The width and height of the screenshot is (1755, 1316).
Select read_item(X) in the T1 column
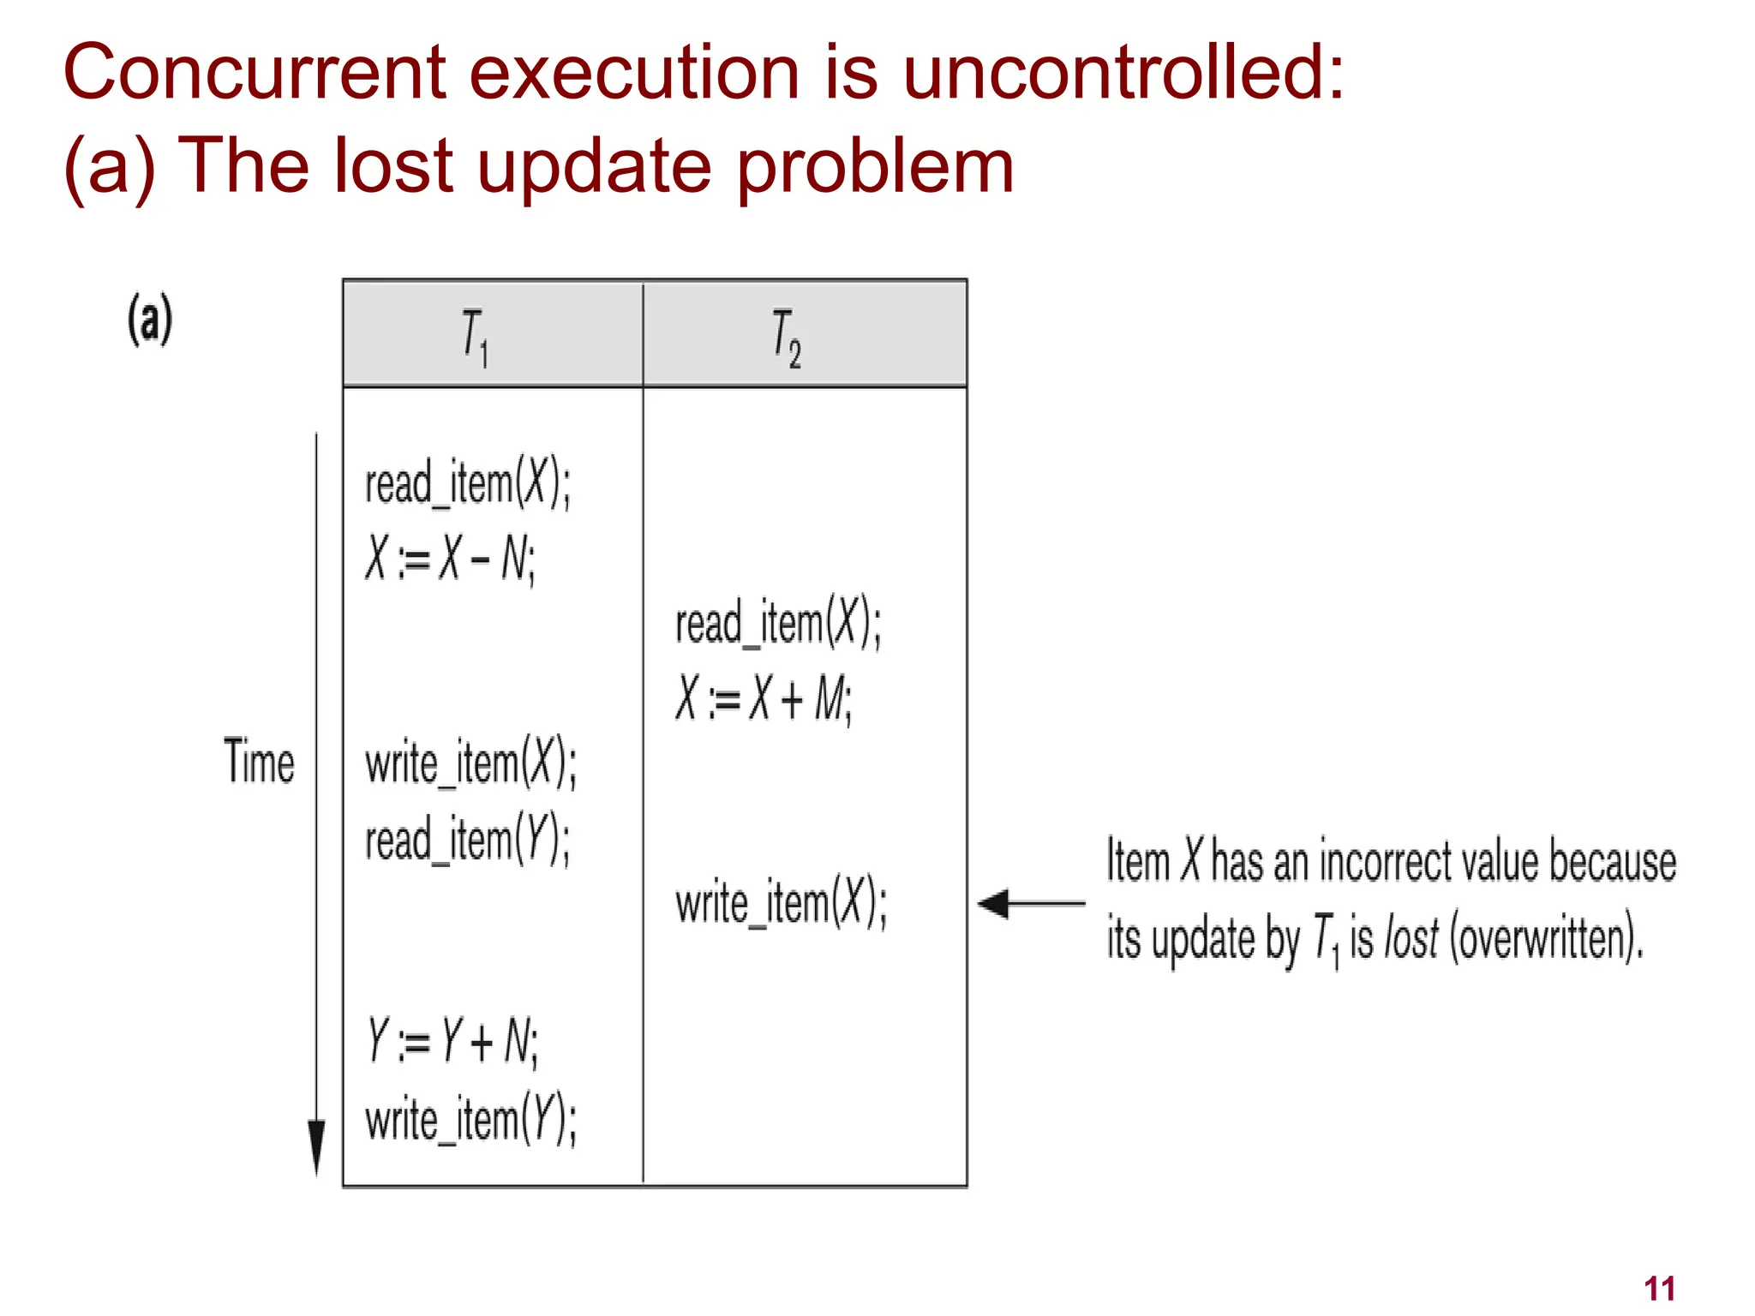(x=467, y=483)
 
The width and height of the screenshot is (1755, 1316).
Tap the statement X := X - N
(x=450, y=559)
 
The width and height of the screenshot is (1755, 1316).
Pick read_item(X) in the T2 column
(x=777, y=623)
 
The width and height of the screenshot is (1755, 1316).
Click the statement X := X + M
(x=763, y=698)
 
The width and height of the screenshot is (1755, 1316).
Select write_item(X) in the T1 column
(x=470, y=763)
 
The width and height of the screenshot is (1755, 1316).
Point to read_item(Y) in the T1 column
(x=467, y=839)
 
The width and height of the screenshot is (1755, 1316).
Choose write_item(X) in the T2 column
(x=781, y=903)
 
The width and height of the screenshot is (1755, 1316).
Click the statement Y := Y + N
(x=452, y=1041)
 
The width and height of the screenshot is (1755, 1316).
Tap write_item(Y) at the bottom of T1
(x=470, y=1119)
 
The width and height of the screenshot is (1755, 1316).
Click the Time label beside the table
(x=259, y=761)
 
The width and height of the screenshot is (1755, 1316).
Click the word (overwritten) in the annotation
(x=1546, y=939)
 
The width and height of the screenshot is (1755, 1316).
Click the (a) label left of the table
(x=150, y=319)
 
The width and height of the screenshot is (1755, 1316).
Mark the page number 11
(x=1659, y=1289)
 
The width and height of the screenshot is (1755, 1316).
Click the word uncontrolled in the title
(x=1123, y=72)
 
